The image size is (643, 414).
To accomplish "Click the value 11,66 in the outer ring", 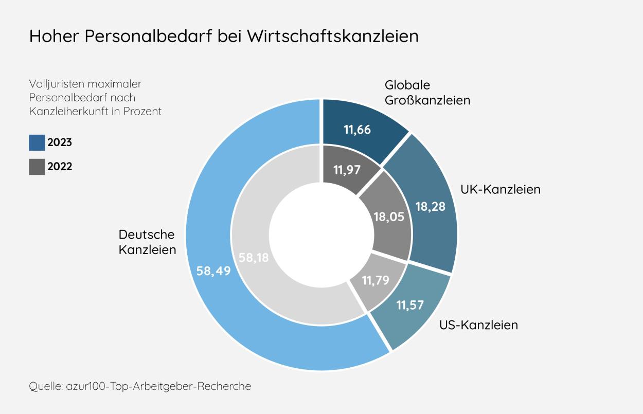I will tap(357, 129).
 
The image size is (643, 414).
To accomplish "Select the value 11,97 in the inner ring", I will tap(346, 170).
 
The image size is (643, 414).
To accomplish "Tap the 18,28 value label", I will tap(430, 207).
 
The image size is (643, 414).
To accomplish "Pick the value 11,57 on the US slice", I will tap(409, 304).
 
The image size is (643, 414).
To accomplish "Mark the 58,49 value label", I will tap(213, 271).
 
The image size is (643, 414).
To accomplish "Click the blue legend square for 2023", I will tap(37, 142).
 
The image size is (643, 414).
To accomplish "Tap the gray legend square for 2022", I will tap(37, 167).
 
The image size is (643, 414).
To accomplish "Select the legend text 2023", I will tap(60, 142).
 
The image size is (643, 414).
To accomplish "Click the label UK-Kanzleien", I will tap(499, 189).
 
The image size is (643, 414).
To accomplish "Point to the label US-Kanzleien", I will tap(478, 325).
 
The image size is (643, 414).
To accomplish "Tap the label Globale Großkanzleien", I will tap(427, 93).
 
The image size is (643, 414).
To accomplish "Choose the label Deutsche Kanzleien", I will tap(147, 242).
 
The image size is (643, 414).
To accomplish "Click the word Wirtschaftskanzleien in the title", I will tap(332, 37).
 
